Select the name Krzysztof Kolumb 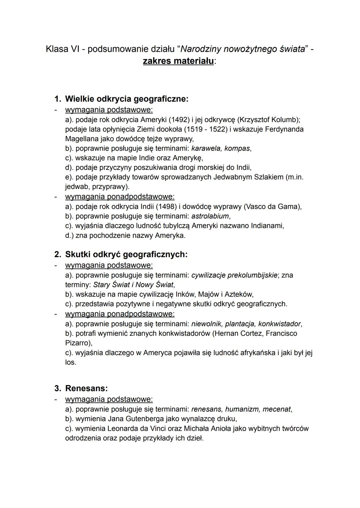pos(268,119)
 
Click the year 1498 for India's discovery pos(166,207)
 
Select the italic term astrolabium pos(210,216)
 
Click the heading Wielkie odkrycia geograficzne pos(127,99)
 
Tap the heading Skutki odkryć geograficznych pos(126,254)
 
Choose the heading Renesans pos(86,388)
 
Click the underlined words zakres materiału pos(178,61)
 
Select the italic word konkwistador pos(279,324)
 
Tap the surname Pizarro pos(78,343)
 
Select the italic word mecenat pos(277,409)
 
